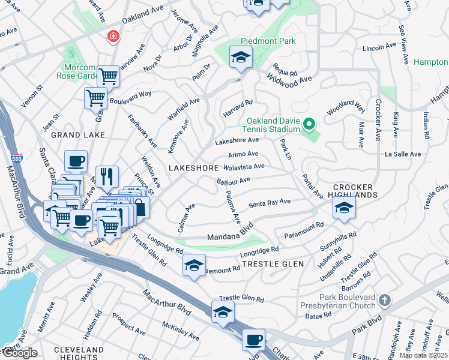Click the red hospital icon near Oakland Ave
click(x=112, y=37)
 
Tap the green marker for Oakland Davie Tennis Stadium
click(x=309, y=124)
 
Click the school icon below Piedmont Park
click(x=241, y=58)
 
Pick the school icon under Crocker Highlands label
click(x=345, y=208)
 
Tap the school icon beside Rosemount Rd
click(x=194, y=265)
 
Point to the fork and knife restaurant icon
click(x=107, y=176)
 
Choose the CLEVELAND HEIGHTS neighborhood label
click(x=79, y=353)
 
